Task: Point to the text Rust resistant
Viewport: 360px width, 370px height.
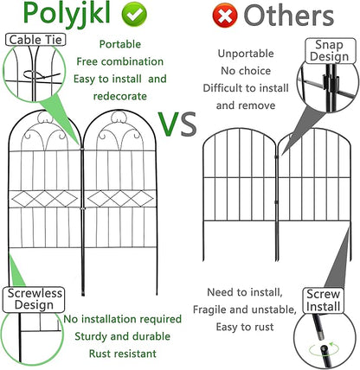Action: pos(121,353)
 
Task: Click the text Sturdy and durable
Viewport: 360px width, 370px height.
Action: pos(121,335)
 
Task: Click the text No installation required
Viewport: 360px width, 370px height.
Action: pos(122,319)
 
